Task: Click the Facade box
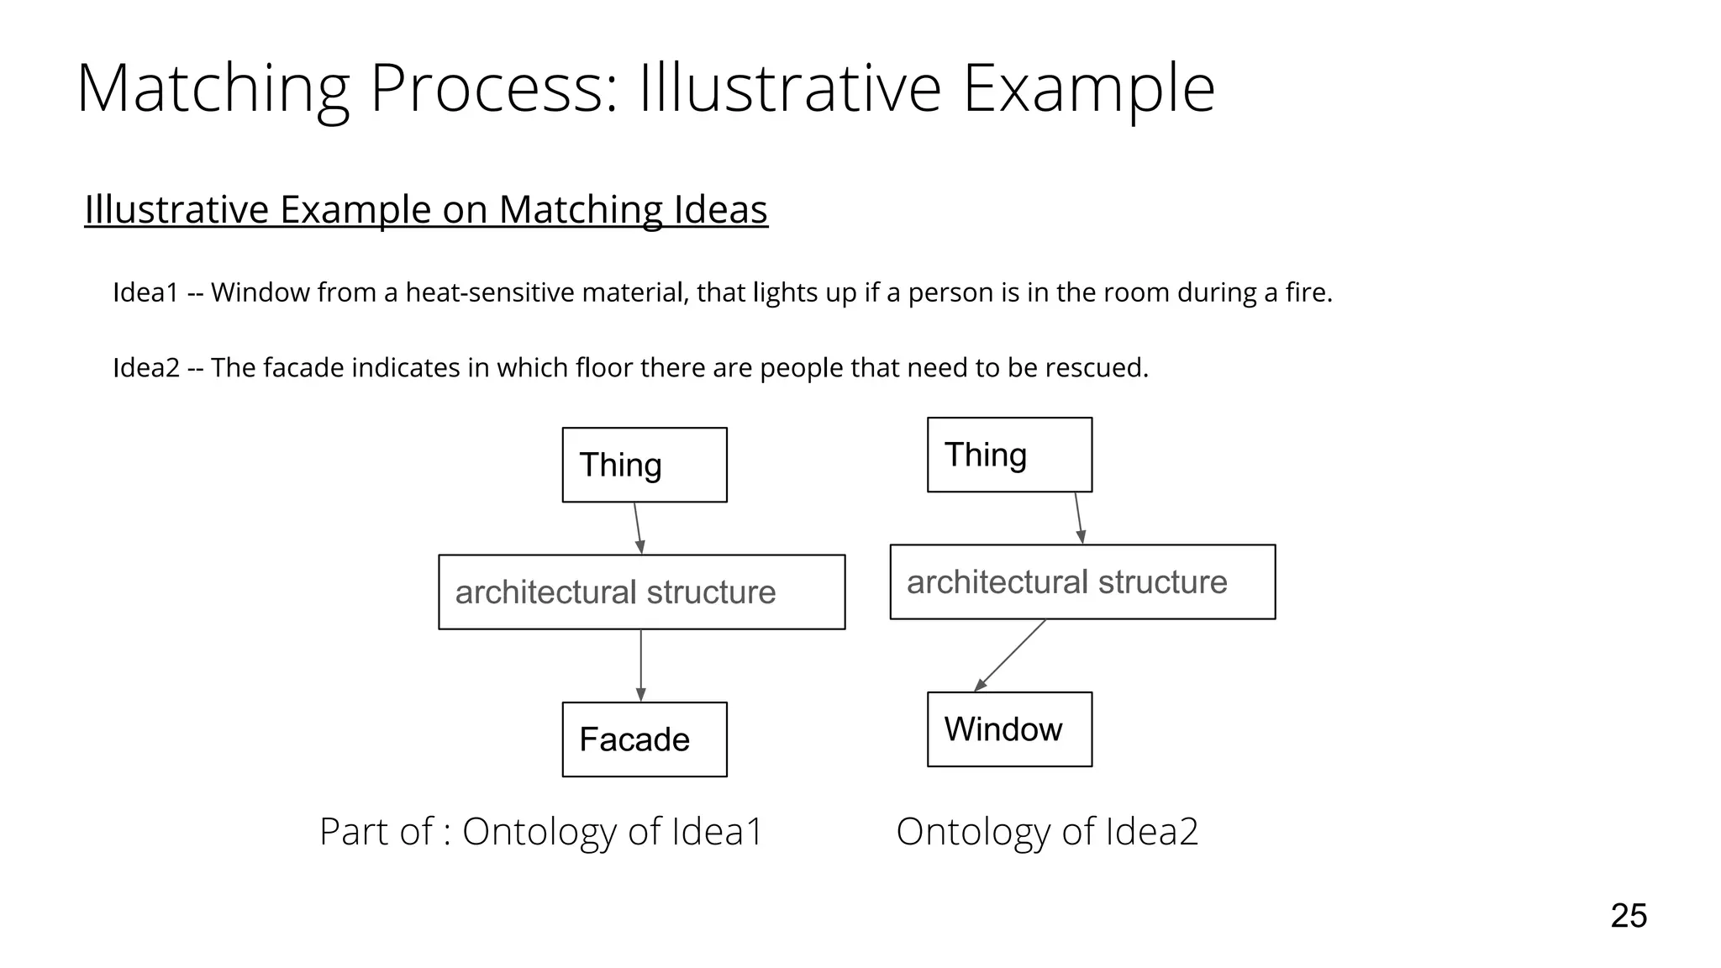645,739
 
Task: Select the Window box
1009,729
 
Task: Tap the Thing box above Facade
645,465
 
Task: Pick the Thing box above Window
1009,455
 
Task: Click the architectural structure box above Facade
641,592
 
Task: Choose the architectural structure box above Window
1082,581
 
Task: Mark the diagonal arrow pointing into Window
1010,655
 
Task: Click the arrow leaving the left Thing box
638,528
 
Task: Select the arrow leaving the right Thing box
1079,518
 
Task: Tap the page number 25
1629,916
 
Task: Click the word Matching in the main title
213,88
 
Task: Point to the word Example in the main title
1088,88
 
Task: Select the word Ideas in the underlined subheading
720,209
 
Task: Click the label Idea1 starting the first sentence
146,292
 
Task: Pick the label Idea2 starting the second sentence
146,367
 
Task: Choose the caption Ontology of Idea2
1047,831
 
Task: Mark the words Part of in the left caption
376,831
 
